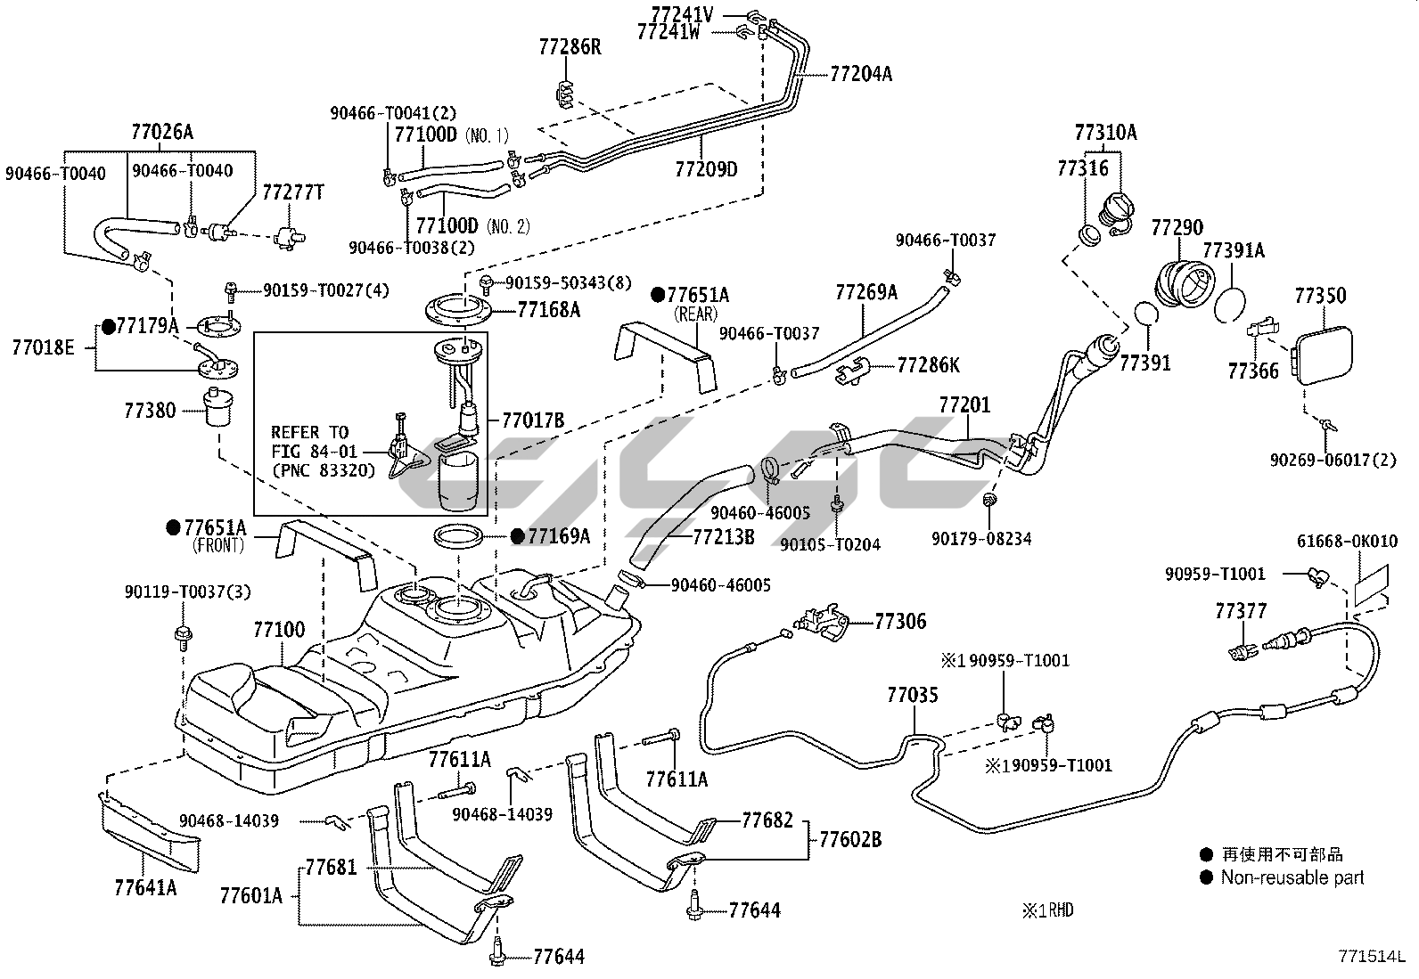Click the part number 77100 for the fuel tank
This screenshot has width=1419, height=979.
click(278, 630)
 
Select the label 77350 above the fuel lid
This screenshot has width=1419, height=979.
click(1320, 295)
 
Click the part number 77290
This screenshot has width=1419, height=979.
click(1177, 228)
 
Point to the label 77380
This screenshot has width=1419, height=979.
click(150, 411)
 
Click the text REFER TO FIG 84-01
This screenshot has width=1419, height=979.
click(309, 442)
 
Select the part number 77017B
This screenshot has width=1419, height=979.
click(532, 420)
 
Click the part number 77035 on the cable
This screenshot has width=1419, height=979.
click(912, 693)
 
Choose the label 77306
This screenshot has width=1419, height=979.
click(900, 621)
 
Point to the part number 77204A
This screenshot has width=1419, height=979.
click(860, 74)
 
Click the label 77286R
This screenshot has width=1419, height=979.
click(570, 46)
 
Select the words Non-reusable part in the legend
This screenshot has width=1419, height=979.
click(1292, 877)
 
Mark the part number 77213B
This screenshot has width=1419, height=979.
click(723, 537)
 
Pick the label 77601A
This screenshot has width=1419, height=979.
click(250, 895)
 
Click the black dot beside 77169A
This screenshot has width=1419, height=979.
click(516, 535)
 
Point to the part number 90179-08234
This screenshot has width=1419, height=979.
click(981, 538)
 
